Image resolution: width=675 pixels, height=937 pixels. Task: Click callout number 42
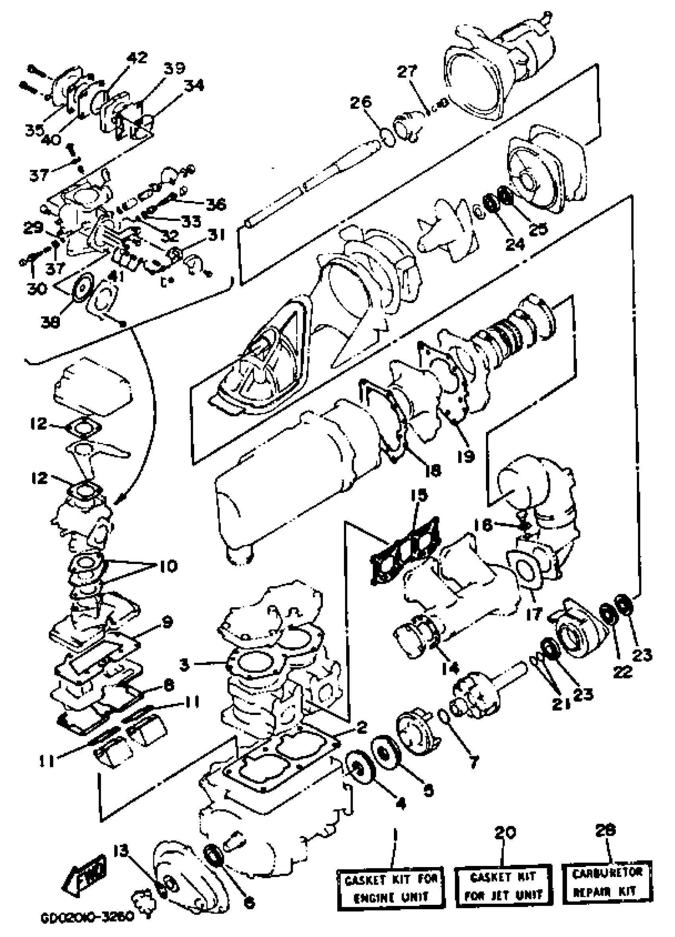coord(137,58)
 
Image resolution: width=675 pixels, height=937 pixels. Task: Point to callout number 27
coord(408,72)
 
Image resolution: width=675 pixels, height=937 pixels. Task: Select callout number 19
coord(466,456)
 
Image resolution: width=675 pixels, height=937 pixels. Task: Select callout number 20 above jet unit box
coord(504,832)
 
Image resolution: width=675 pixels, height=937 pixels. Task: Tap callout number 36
coord(216,204)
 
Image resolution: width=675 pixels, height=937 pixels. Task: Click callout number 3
coord(184,665)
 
